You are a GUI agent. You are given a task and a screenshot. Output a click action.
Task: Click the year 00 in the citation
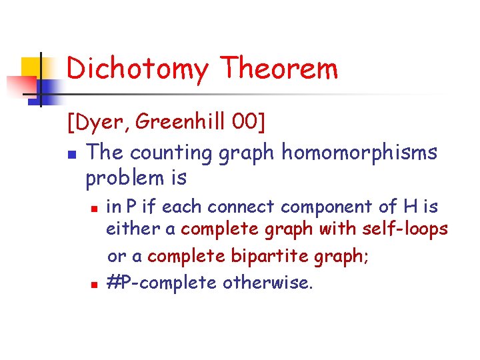coord(244,123)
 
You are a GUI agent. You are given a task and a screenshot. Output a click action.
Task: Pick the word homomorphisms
coord(359,153)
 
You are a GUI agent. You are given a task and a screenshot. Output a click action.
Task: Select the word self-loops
coord(405,229)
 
